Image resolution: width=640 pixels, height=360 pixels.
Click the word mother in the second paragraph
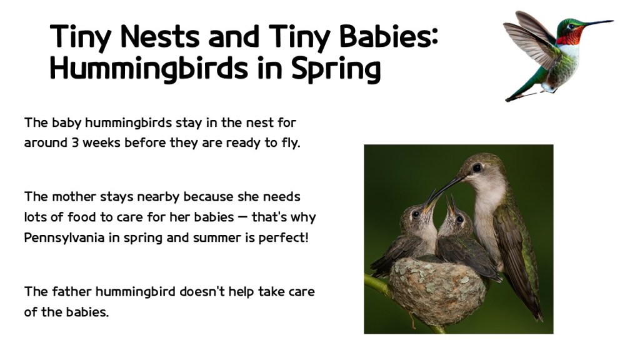coord(70,197)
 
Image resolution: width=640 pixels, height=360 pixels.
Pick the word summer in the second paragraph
coord(208,239)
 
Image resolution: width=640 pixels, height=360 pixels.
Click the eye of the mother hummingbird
coord(477,167)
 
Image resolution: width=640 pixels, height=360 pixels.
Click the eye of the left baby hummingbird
coord(415,214)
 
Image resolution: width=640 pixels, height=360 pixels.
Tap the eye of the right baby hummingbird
coord(459,219)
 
